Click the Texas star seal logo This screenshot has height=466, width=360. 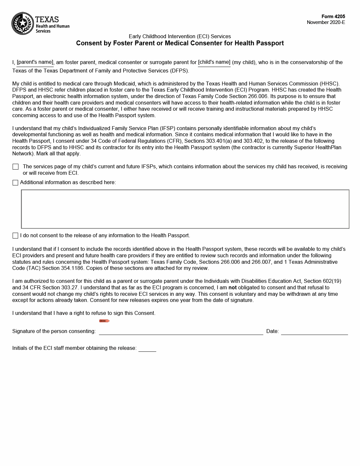(x=23, y=23)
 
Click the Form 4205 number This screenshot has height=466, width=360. (x=333, y=17)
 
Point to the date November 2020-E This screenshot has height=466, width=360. (x=326, y=22)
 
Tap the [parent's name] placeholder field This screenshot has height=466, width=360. (x=35, y=62)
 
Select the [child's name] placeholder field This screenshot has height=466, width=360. (x=214, y=62)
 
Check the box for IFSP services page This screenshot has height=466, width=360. (x=16, y=167)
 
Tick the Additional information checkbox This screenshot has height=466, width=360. (x=15, y=183)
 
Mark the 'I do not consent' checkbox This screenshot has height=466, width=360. (x=15, y=236)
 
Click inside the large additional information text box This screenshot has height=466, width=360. (x=185, y=209)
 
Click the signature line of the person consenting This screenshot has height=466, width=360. (x=181, y=332)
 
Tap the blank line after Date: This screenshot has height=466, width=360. (x=314, y=332)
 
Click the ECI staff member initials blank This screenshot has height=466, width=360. (x=147, y=349)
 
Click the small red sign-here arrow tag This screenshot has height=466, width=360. (x=104, y=321)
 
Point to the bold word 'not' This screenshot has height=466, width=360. (x=233, y=287)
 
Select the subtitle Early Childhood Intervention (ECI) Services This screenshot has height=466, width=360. (x=180, y=36)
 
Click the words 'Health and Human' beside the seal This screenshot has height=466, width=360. (x=52, y=26)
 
